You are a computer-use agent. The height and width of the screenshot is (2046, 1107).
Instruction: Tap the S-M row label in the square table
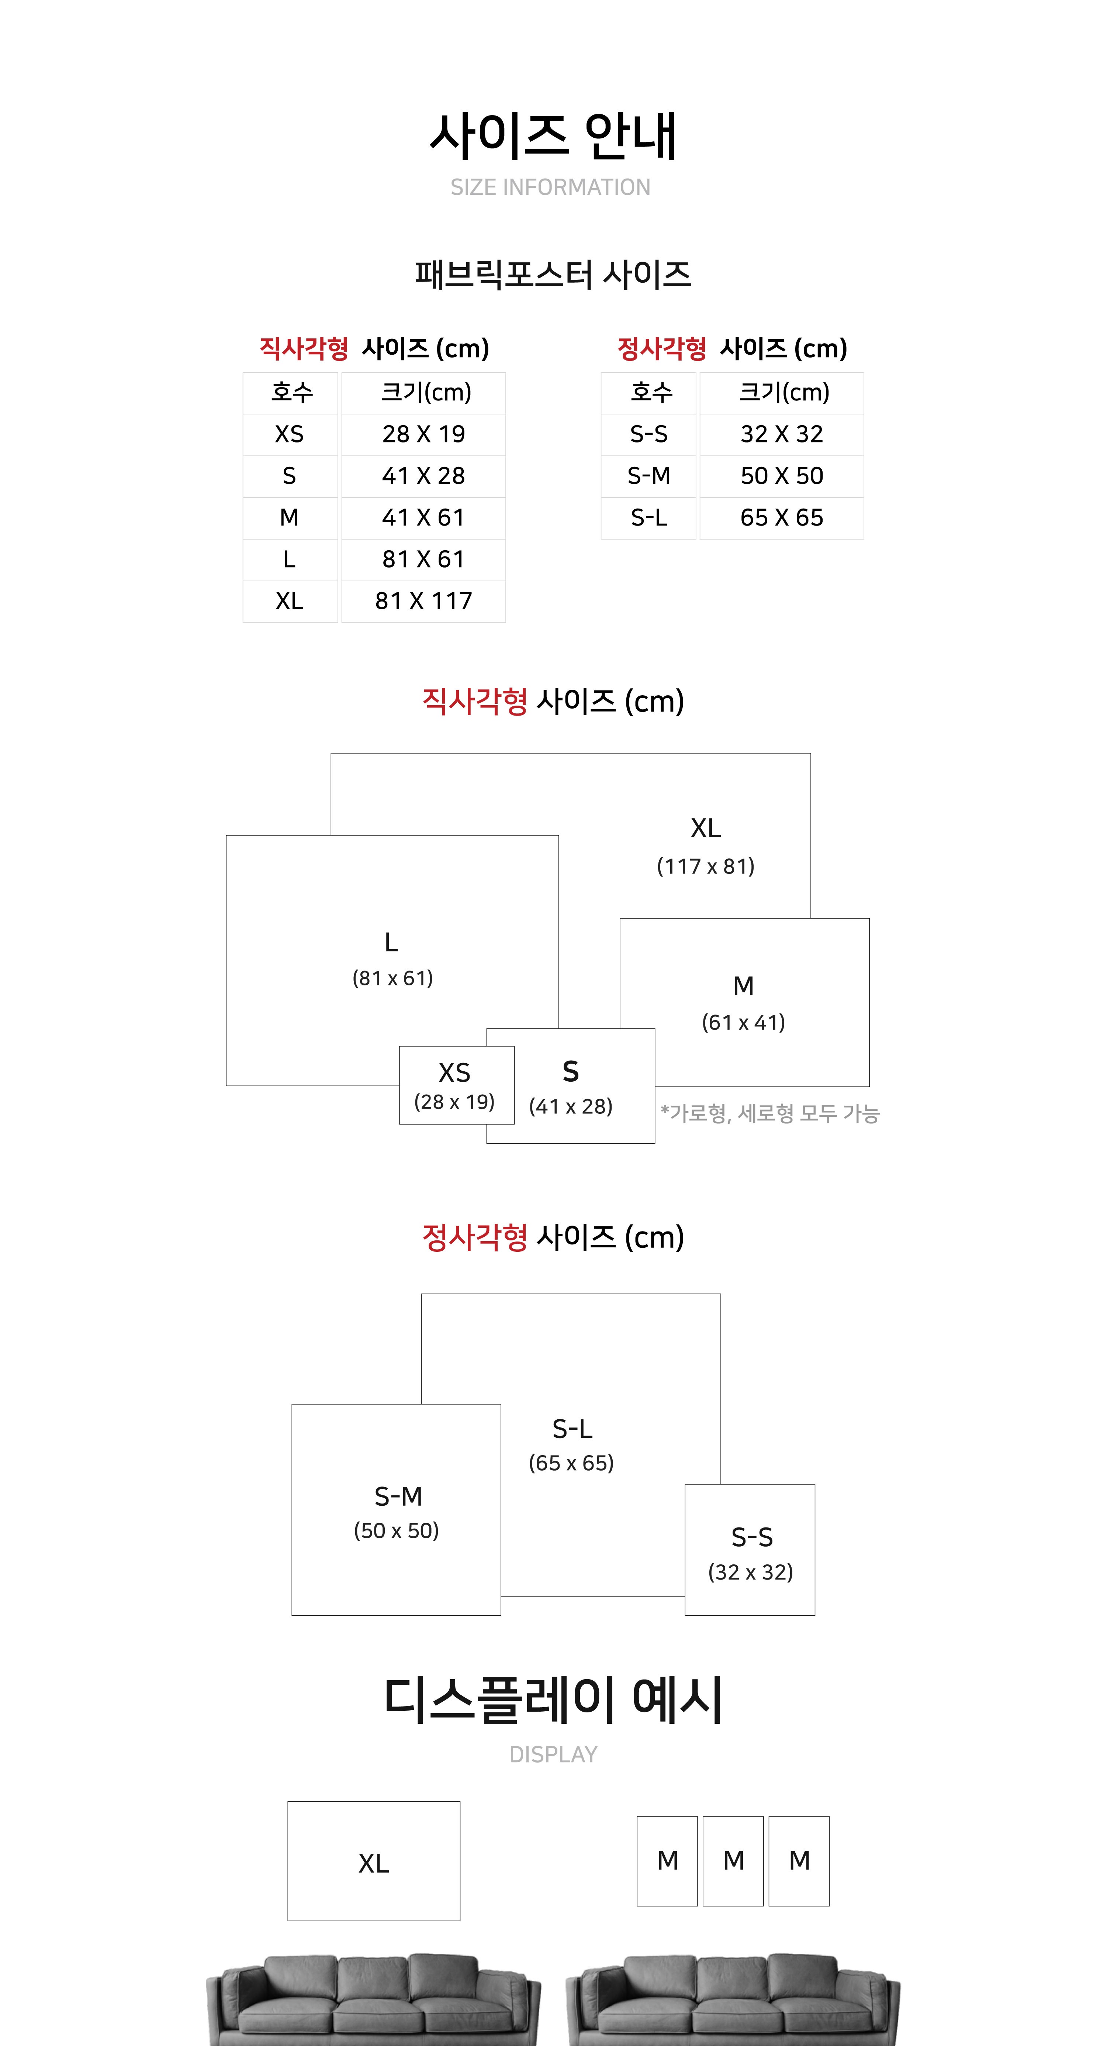coord(649,476)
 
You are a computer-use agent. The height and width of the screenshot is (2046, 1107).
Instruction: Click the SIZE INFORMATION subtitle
coord(550,187)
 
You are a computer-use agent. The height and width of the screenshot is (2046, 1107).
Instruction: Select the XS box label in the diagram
coord(454,1073)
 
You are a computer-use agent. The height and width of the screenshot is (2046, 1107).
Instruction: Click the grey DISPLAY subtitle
coord(553,1754)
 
